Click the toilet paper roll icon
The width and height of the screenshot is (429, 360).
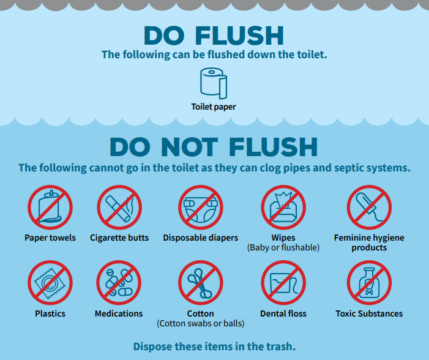pos(213,83)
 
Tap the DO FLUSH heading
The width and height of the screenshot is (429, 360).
pos(214,36)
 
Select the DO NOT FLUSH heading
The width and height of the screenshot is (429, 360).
pos(214,147)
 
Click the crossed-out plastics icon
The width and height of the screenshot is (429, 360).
pos(50,283)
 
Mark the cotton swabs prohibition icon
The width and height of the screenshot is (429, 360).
pos(200,283)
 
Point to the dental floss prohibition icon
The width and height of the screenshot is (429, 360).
pos(283,283)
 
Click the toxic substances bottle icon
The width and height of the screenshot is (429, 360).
pos(369,283)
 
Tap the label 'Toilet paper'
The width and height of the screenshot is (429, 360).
pos(214,107)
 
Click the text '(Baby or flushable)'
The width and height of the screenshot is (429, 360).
pos(283,248)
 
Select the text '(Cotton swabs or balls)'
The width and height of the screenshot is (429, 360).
pos(200,323)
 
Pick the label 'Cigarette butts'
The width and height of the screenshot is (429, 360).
pos(119,238)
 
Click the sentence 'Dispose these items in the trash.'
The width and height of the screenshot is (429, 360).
pos(214,346)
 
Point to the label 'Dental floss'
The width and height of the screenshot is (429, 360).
pos(283,313)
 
